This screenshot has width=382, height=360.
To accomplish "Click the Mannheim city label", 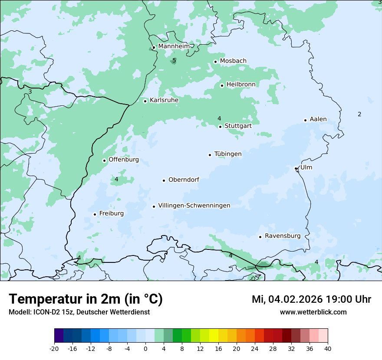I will (174, 46).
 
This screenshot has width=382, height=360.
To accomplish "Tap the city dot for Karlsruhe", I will (145, 101).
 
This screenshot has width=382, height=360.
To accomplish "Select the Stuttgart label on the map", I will (238, 126).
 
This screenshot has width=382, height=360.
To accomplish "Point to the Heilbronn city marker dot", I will (222, 85).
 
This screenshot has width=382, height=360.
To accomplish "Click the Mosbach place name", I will (233, 61).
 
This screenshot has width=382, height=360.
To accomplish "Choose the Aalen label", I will (318, 119).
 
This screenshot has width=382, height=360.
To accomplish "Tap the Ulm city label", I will (306, 167).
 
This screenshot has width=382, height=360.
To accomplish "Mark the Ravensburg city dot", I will (260, 237).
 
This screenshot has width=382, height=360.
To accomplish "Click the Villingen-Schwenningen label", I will (194, 206).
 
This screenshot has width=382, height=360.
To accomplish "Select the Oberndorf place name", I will (184, 180).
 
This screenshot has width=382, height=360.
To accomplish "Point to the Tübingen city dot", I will (210, 155).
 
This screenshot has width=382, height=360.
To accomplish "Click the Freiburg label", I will (111, 213).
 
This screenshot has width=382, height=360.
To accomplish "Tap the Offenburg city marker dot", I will (104, 160).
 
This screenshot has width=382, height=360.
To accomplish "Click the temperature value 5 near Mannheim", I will (174, 61).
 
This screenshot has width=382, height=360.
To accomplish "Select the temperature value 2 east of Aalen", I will (359, 114).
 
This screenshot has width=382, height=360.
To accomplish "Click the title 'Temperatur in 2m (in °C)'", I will (86, 299).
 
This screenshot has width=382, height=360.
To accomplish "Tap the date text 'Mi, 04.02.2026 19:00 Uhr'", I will (311, 299).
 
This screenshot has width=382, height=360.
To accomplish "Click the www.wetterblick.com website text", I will (313, 312).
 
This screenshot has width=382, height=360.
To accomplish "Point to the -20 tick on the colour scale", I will (54, 348).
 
